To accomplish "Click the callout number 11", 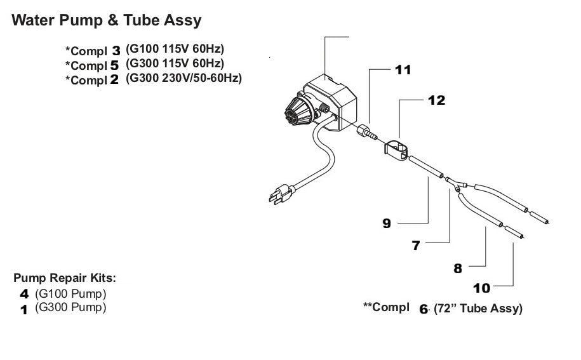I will (403, 70).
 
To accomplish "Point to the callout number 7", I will (416, 246).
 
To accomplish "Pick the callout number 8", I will (458, 268).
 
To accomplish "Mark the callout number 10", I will (482, 288).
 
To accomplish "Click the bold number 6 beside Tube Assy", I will (424, 310).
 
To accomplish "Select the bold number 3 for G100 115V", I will (116, 50).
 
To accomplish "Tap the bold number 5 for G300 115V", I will (116, 65).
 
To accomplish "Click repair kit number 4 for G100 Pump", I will (25, 295).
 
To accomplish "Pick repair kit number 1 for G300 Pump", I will (25, 309).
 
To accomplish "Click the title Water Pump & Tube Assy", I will (107, 20).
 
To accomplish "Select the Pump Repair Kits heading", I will (65, 278).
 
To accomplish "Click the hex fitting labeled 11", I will (367, 133).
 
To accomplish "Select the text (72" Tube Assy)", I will (478, 310).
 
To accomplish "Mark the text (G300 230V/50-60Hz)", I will (184, 79).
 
